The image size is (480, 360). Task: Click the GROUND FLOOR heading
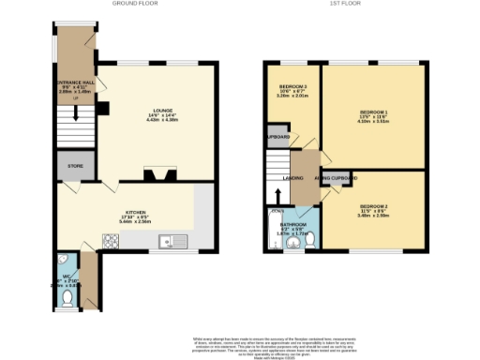click(x=135, y=4)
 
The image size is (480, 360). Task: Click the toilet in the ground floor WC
click(x=67, y=297)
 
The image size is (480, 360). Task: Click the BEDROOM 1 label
click(x=373, y=113)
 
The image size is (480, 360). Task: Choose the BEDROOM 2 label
click(x=373, y=205)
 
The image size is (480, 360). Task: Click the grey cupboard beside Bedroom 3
click(x=278, y=137)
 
